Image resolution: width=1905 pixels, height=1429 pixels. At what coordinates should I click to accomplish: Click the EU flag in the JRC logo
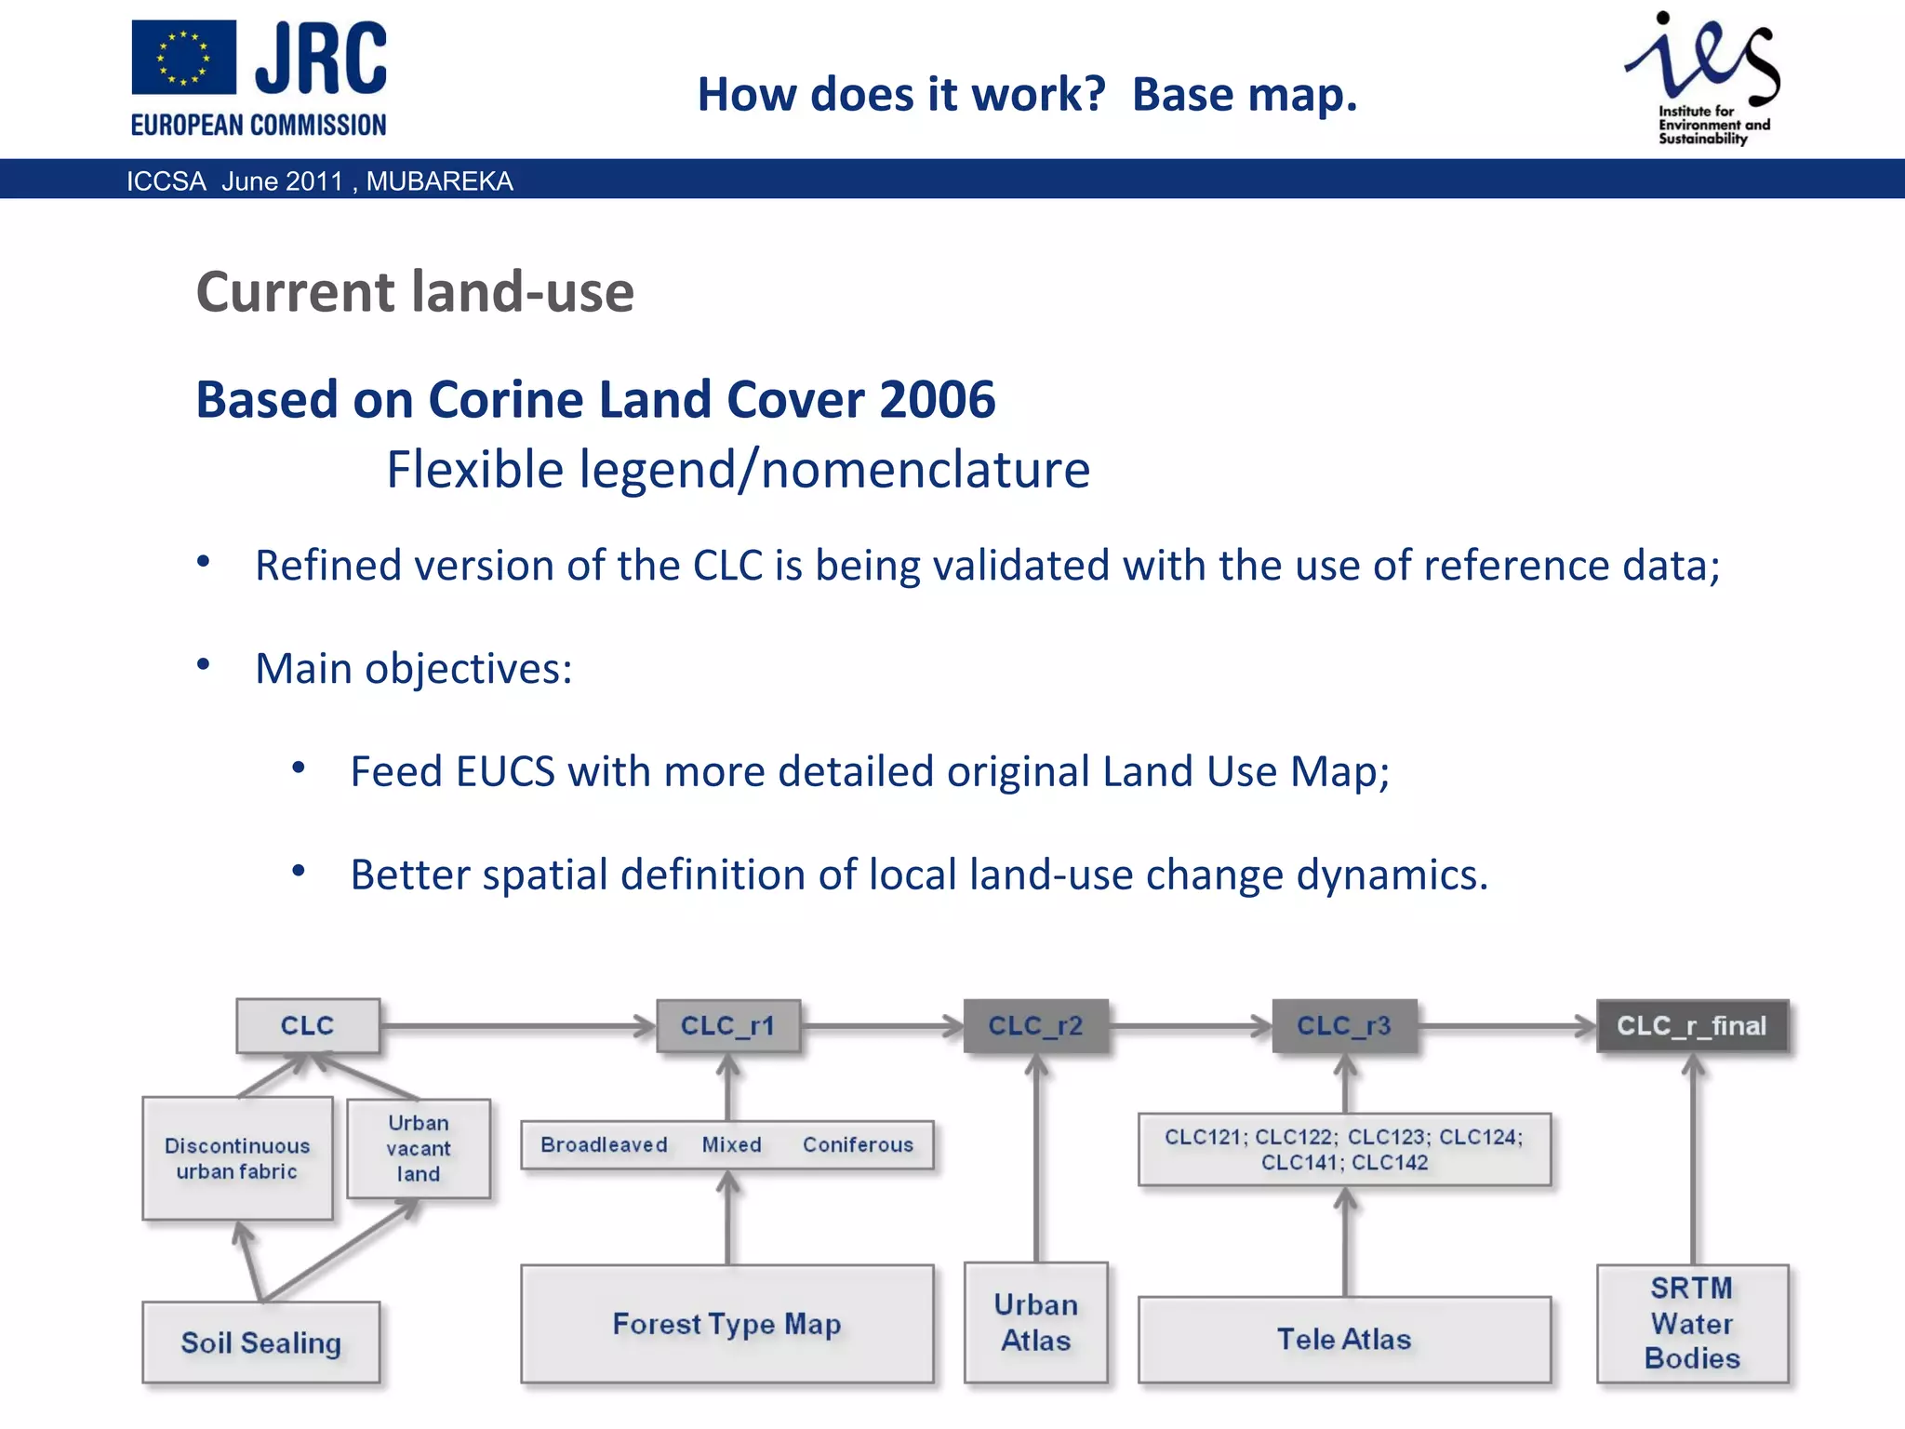(x=183, y=58)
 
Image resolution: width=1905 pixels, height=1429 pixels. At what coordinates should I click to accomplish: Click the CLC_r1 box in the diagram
(x=727, y=1025)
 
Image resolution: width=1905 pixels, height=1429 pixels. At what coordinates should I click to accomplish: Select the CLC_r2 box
(x=1035, y=1025)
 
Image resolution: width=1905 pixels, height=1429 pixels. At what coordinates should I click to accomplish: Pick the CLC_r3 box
(x=1344, y=1025)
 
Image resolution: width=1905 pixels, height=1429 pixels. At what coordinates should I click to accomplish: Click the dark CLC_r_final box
(x=1692, y=1025)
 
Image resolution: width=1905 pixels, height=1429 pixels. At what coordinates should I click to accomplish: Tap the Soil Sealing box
(x=260, y=1342)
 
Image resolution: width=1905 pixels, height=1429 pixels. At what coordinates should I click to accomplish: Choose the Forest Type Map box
(x=726, y=1323)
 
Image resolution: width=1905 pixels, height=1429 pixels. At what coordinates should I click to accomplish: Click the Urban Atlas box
(x=1035, y=1322)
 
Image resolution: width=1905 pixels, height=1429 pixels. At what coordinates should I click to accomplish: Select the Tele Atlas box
(x=1344, y=1339)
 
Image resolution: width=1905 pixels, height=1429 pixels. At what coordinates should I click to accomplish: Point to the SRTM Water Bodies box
(x=1692, y=1323)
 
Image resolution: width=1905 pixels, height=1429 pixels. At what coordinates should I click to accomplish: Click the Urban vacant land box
(x=419, y=1148)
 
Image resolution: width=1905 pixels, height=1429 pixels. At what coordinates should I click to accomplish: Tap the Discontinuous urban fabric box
(x=237, y=1158)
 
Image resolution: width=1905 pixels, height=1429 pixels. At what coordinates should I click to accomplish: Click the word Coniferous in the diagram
(x=858, y=1144)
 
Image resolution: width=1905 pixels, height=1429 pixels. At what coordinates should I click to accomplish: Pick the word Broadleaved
(x=604, y=1144)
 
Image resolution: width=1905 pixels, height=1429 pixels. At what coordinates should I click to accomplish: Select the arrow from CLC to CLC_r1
(x=517, y=1026)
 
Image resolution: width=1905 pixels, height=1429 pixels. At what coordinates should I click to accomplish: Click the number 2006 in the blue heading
(x=937, y=400)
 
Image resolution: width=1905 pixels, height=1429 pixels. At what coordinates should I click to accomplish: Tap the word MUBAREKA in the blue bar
(x=439, y=180)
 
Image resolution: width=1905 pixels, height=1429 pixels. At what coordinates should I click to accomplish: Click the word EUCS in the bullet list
(x=505, y=771)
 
